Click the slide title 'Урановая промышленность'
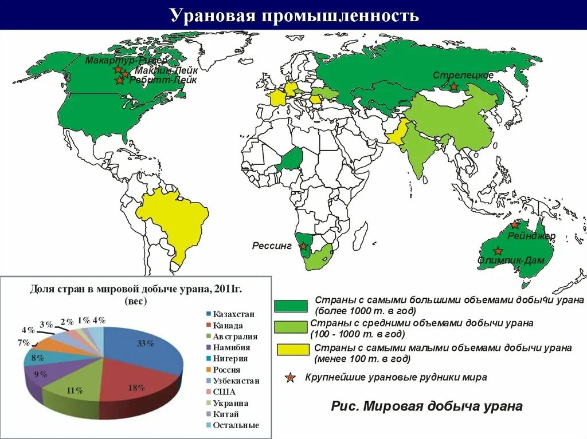[x=294, y=15]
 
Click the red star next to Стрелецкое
[x=453, y=86]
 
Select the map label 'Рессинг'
[x=272, y=246]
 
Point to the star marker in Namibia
[x=303, y=247]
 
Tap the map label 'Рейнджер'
[x=531, y=235]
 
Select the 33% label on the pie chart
[x=146, y=344]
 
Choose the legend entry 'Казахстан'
[x=233, y=314]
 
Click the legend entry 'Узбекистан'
[x=236, y=381]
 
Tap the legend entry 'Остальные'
[x=236, y=425]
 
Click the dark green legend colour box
[x=292, y=306]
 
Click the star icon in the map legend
[x=291, y=377]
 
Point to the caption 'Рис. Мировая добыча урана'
[x=426, y=406]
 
